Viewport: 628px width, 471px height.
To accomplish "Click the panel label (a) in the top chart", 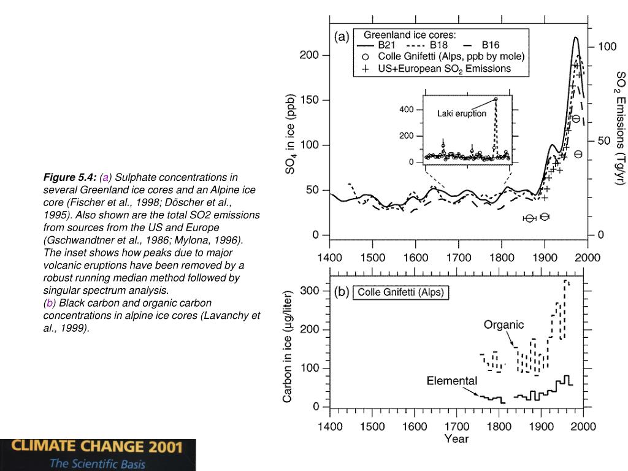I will [342, 37].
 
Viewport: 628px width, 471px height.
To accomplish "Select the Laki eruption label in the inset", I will [461, 113].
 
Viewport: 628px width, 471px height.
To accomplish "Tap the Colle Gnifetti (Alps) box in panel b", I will [400, 293].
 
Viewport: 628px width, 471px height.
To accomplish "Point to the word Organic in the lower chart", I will [503, 324].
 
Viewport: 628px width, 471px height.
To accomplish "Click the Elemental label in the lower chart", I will [451, 381].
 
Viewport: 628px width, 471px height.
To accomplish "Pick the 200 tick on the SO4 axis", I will [309, 55].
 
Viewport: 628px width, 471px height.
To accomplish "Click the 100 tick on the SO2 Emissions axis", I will [607, 47].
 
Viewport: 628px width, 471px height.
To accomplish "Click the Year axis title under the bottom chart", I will [456, 438].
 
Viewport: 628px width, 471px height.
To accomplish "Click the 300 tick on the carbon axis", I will [310, 291].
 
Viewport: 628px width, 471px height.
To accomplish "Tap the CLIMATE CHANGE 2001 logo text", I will [98, 446].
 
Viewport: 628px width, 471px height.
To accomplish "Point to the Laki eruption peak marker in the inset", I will [496, 99].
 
